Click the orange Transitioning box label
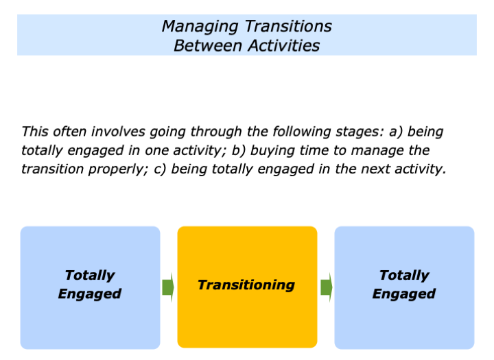coord(246,285)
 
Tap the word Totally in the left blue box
coord(90,275)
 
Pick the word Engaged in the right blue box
coord(404,294)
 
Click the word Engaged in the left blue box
coord(90,294)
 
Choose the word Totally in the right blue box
coord(404,275)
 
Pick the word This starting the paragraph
coord(35,131)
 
